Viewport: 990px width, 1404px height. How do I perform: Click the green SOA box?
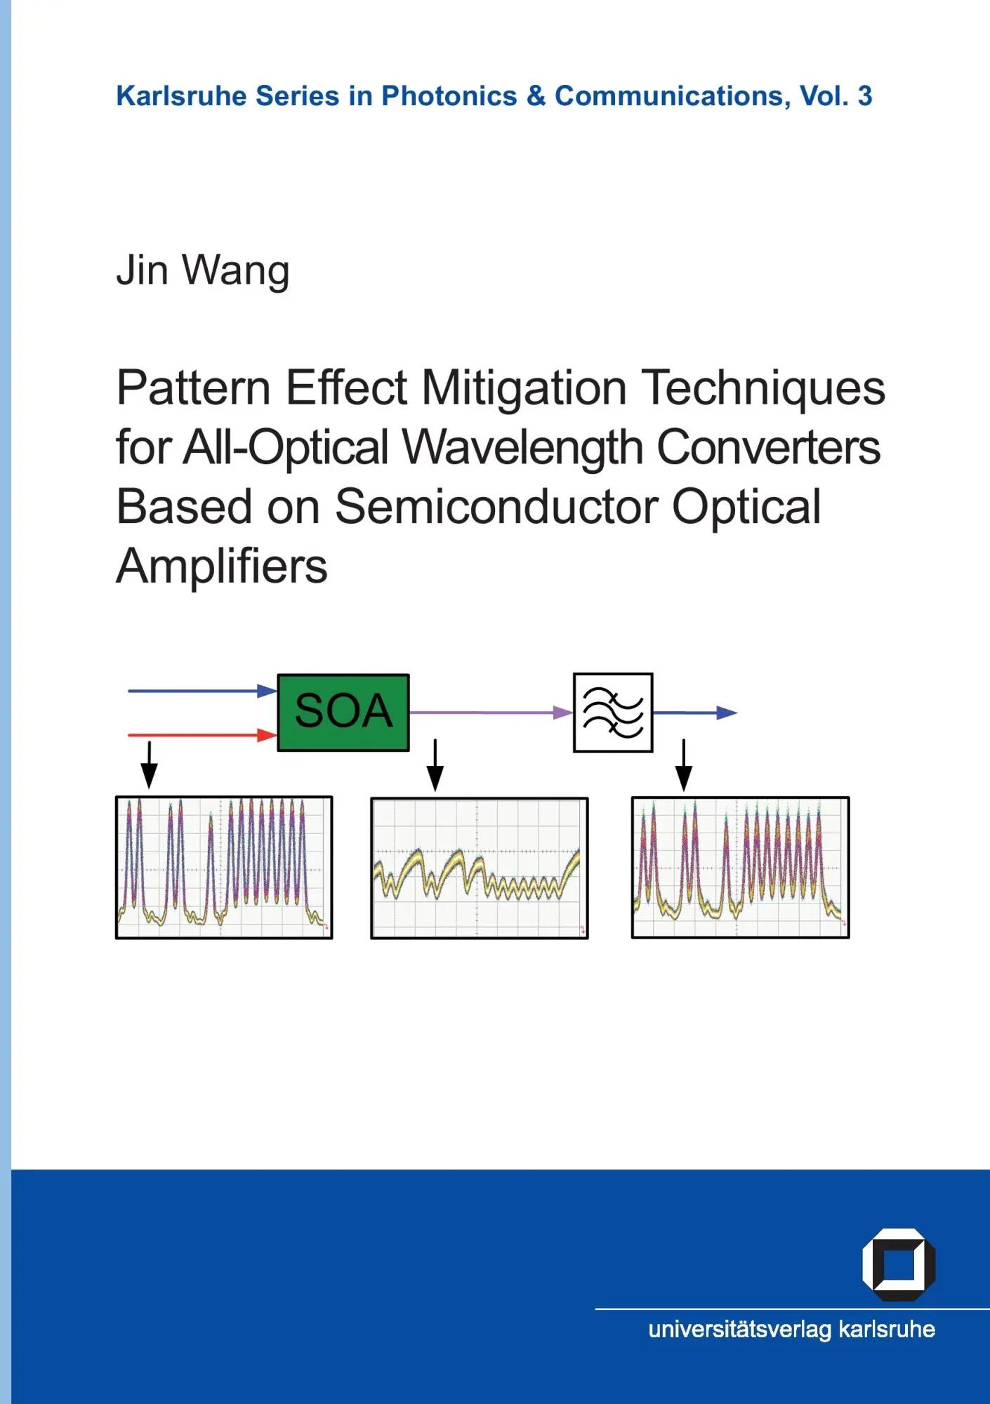tap(343, 713)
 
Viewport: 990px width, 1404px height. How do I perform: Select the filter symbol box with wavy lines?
tap(613, 713)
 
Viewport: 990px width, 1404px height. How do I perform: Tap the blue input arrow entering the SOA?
tap(202, 691)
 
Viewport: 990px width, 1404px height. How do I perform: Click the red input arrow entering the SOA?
tap(202, 735)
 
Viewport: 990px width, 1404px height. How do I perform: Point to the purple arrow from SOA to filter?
tap(491, 713)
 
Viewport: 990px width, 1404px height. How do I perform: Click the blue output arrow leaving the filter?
tap(695, 713)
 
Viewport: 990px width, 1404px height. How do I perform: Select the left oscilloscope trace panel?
tap(224, 868)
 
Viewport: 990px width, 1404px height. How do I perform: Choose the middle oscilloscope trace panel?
tap(480, 868)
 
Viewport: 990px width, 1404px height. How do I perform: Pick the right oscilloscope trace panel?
tap(741, 867)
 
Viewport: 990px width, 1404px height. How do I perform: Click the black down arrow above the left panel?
tap(149, 765)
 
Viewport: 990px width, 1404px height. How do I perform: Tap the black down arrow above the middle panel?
tap(435, 765)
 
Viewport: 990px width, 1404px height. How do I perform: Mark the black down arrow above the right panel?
tap(684, 765)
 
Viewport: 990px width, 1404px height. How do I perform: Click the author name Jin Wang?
tap(203, 272)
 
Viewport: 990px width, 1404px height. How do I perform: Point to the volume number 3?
tap(865, 96)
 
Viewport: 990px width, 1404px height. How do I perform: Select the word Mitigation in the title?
tap(524, 388)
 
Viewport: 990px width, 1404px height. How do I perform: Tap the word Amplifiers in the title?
tap(222, 566)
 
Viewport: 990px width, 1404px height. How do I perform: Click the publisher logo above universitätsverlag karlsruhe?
tap(898, 1264)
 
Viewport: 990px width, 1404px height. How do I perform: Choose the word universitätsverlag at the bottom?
tap(740, 1329)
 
